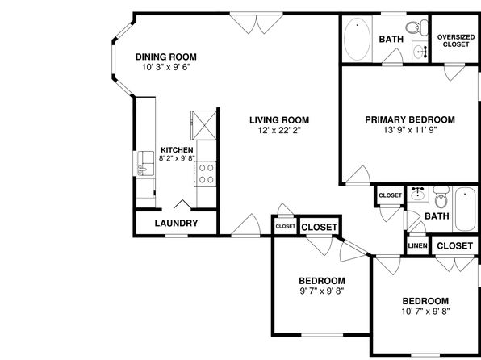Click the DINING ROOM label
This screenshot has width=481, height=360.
166,57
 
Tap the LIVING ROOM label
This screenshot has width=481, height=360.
279,120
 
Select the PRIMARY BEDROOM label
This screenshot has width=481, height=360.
410,119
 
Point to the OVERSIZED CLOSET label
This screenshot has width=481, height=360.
456,40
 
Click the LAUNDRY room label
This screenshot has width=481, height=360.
177,223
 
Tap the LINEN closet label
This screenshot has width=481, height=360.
417,245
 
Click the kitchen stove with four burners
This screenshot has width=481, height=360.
206,174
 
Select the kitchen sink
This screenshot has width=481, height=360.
146,163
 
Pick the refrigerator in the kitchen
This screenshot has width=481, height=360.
203,125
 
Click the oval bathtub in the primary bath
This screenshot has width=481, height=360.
357,39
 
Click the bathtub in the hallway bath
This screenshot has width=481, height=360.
465,209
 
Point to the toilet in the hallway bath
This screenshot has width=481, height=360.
441,197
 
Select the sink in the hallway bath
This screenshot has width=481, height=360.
417,194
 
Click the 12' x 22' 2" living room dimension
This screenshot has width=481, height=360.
279,131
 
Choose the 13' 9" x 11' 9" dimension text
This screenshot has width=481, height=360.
410,130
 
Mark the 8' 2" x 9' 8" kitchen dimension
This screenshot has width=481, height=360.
177,158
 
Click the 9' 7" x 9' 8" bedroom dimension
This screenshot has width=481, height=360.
322,291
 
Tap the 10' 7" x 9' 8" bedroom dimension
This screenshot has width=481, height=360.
425,312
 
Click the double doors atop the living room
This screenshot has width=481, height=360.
257,23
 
